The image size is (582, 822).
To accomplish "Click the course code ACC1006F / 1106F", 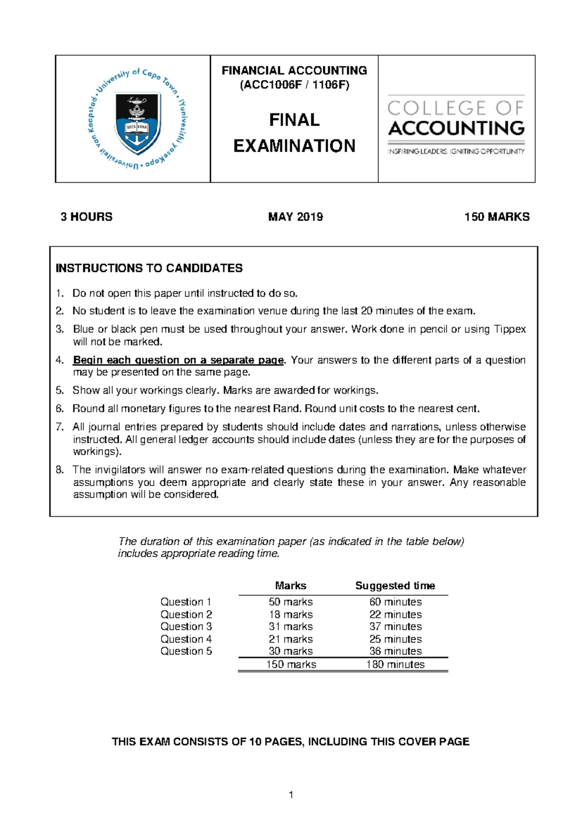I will [x=294, y=85].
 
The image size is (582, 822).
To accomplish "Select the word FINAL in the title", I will [x=294, y=120].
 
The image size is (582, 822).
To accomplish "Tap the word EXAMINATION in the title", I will [x=294, y=145].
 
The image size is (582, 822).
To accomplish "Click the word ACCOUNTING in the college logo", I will [x=456, y=128].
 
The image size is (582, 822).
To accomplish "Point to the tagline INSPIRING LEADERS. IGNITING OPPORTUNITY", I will [x=456, y=151].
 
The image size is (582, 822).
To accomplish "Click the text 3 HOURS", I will [x=86, y=217].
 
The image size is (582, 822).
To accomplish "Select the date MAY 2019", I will [x=295, y=217].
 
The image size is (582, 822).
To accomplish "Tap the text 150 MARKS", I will [x=497, y=217].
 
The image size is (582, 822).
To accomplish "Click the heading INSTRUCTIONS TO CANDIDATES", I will [x=149, y=268].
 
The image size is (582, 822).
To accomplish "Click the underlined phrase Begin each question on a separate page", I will [x=178, y=360].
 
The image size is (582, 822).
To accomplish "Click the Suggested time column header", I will [x=395, y=585].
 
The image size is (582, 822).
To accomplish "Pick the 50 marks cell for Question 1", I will [x=291, y=602].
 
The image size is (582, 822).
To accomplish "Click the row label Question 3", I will [x=186, y=627].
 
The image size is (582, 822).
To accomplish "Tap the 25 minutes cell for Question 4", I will [x=395, y=639].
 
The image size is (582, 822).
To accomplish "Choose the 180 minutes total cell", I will [x=395, y=664].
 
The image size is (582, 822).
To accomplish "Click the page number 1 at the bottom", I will [x=291, y=794].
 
